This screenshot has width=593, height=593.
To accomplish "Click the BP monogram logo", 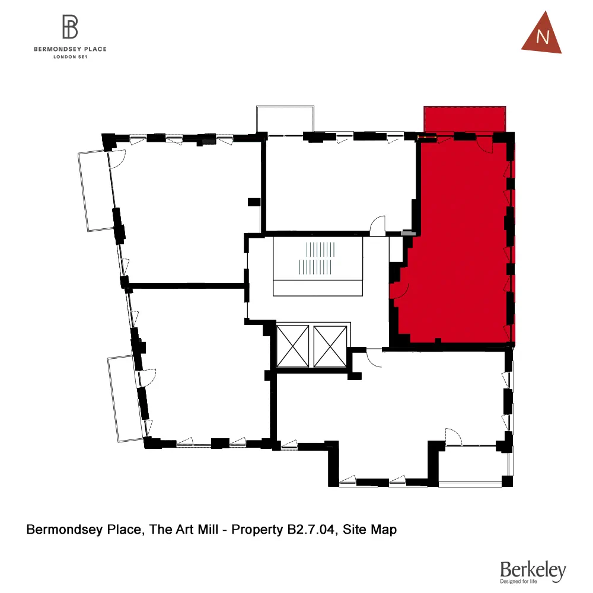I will tap(70, 27).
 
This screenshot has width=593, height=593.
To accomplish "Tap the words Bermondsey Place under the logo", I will tap(70, 49).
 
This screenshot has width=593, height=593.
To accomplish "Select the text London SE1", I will tap(70, 57).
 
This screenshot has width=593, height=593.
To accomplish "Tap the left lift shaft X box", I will tap(293, 345).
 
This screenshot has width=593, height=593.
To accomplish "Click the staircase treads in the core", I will tap(317, 258).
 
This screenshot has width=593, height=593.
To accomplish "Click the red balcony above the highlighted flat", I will tap(464, 119).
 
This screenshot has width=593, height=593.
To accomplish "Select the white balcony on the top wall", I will tap(285, 119).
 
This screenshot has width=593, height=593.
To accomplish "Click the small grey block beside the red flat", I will tap(407, 233).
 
